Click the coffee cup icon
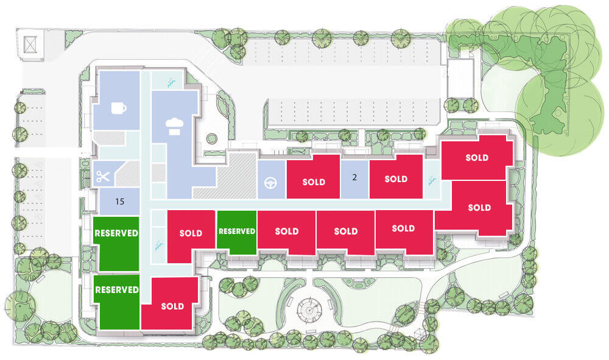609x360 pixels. [119, 108]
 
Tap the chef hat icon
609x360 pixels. [174, 127]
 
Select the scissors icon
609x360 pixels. [103, 177]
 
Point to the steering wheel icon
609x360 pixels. [271, 183]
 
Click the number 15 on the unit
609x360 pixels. [119, 201]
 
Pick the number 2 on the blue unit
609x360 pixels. [354, 177]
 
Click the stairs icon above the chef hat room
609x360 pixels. [171, 82]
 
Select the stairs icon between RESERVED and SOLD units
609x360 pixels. [158, 245]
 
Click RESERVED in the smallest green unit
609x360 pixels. [237, 231]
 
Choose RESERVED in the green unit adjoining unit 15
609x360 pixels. [116, 233]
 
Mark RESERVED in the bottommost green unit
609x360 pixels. [117, 290]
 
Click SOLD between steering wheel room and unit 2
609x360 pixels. [314, 182]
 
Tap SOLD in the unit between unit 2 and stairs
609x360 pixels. [396, 178]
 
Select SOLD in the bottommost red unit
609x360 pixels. [172, 306]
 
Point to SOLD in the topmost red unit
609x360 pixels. [477, 157]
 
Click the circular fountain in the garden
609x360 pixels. [309, 309]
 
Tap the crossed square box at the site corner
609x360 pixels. [30, 44]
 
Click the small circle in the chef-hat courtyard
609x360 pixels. [212, 139]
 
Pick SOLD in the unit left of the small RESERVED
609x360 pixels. [191, 233]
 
